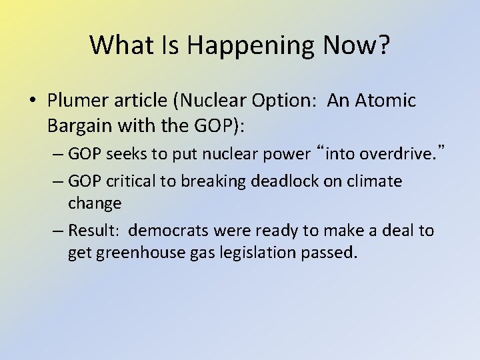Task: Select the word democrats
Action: pos(171,231)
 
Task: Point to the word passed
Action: pos(331,253)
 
